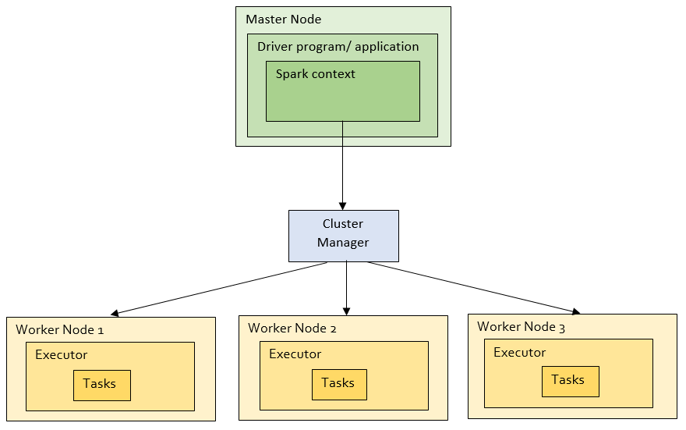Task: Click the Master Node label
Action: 283,20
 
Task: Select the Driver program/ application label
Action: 338,47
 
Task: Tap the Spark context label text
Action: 315,74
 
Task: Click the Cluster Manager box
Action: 343,235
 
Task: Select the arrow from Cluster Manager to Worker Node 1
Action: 222,288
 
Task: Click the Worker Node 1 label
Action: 59,329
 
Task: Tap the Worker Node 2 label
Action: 292,328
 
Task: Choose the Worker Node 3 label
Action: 521,326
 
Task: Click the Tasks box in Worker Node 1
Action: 101,385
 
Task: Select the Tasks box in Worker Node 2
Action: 338,383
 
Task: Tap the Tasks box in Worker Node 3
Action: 569,380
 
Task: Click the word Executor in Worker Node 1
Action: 61,355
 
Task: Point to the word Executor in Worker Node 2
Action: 295,354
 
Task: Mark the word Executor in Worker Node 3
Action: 519,352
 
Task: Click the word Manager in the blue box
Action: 343,243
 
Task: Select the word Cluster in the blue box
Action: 343,224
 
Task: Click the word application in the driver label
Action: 387,47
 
